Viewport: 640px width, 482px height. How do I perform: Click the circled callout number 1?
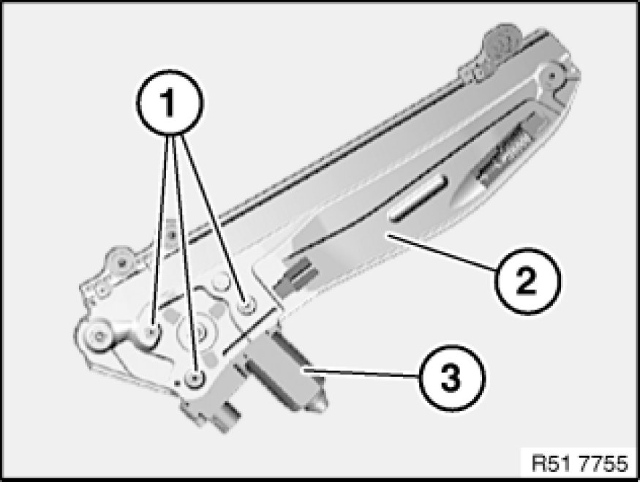(169, 102)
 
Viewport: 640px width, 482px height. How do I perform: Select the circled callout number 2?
(527, 281)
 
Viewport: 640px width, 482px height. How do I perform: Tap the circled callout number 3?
(452, 378)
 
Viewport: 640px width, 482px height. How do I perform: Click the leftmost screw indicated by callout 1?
(152, 333)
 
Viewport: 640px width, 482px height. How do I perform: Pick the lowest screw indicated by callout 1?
(195, 379)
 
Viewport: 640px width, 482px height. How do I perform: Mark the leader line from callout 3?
(361, 374)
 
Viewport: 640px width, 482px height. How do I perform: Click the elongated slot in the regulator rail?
(418, 200)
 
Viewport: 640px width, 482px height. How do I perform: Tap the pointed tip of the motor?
(323, 404)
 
